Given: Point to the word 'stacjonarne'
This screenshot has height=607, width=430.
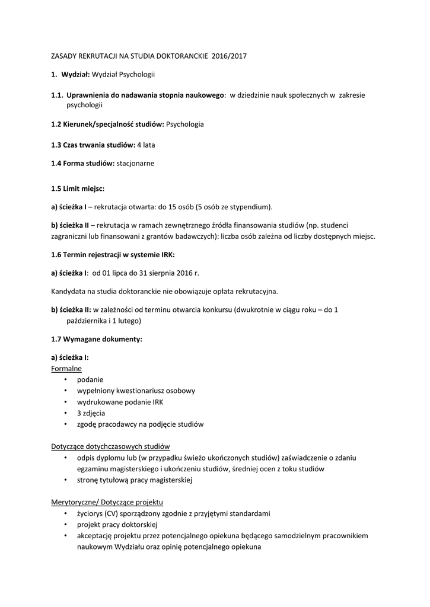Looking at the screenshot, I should point(135,163).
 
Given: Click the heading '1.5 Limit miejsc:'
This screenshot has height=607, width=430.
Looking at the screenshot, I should point(77,189).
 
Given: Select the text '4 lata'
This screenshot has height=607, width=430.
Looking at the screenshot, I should point(146,144).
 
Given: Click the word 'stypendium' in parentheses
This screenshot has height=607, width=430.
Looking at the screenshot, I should point(251,207).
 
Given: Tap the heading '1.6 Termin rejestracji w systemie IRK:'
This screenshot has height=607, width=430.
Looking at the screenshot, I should point(113,254).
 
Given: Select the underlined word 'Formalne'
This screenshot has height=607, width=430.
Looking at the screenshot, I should point(66,368).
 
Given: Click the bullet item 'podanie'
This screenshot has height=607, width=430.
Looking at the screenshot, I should point(90,379).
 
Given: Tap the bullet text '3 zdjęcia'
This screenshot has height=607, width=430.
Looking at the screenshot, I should point(91,413).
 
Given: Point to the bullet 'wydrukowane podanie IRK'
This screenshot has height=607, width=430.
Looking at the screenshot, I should point(120,402).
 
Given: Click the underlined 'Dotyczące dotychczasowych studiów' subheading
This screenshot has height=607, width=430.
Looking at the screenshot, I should point(111,446).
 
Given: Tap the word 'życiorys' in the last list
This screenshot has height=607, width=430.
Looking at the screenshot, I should point(90,513).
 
